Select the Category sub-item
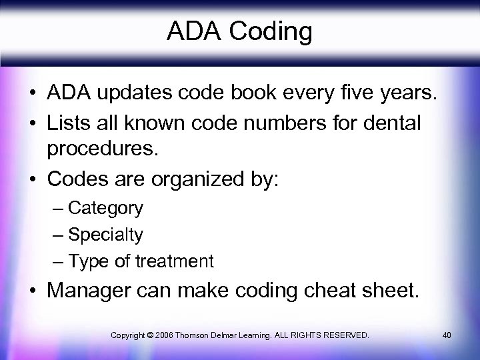[105, 209]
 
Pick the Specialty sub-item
[105, 235]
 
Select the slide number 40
[447, 334]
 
